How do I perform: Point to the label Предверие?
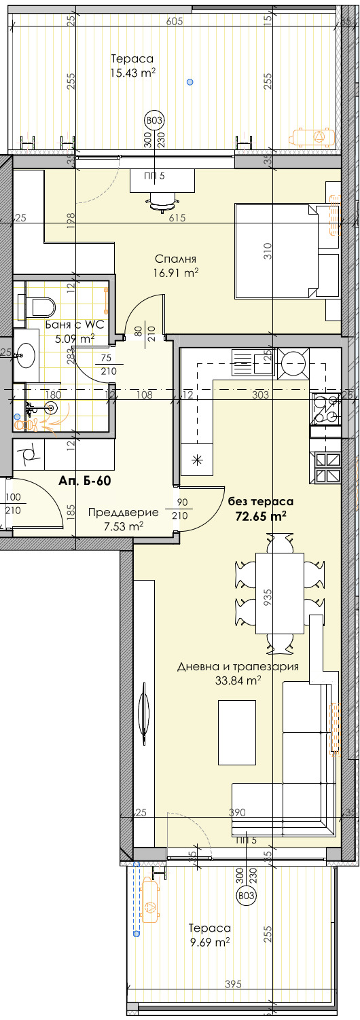pyautogui.click(x=123, y=512)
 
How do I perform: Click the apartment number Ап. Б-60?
pyautogui.click(x=85, y=481)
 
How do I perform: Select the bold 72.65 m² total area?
pyautogui.click(x=260, y=516)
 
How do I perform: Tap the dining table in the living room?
pyautogui.click(x=279, y=593)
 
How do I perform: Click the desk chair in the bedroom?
pyautogui.click(x=163, y=201)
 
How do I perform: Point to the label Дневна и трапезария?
pyautogui.click(x=238, y=667)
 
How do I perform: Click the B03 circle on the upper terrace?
pyautogui.click(x=154, y=121)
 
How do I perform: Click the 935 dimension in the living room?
pyautogui.click(x=267, y=596)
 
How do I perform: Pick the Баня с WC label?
pyautogui.click(x=75, y=325)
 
